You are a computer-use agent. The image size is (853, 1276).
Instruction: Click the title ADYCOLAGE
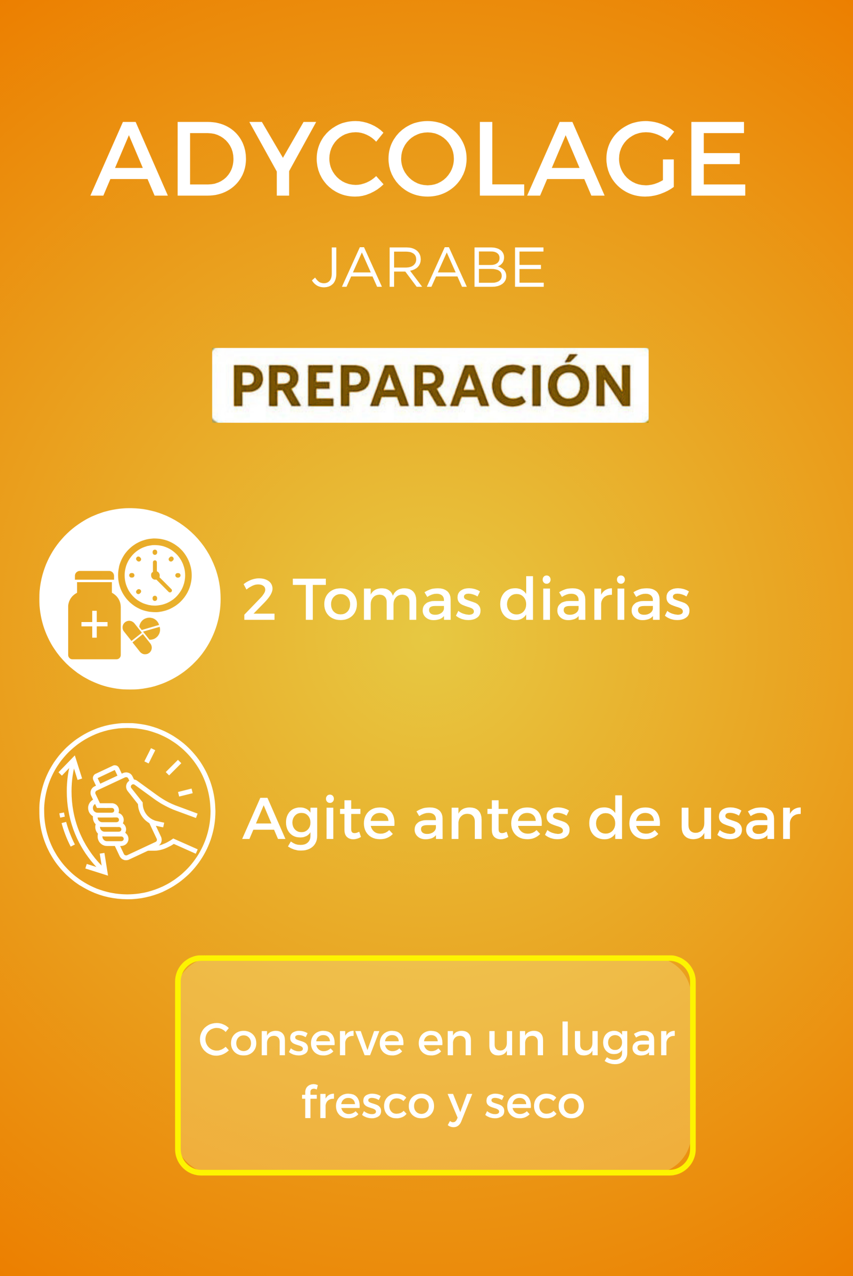click(x=418, y=159)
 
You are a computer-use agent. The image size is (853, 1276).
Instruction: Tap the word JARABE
click(x=428, y=267)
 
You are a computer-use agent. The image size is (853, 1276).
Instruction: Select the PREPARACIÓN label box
click(x=430, y=385)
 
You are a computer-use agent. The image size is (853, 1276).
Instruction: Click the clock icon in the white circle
click(x=155, y=575)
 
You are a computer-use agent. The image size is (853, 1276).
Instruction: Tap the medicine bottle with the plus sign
click(x=94, y=615)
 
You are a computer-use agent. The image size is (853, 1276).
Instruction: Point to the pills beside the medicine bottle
click(x=142, y=636)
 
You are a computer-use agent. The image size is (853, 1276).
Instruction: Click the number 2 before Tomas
click(x=259, y=599)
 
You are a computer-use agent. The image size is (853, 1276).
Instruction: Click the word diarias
click(x=595, y=598)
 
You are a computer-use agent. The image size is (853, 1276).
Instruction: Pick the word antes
click(x=492, y=819)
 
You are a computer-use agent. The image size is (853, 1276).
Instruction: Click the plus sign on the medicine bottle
click(x=94, y=624)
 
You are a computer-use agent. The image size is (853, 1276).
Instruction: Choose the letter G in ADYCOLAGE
click(x=640, y=159)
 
